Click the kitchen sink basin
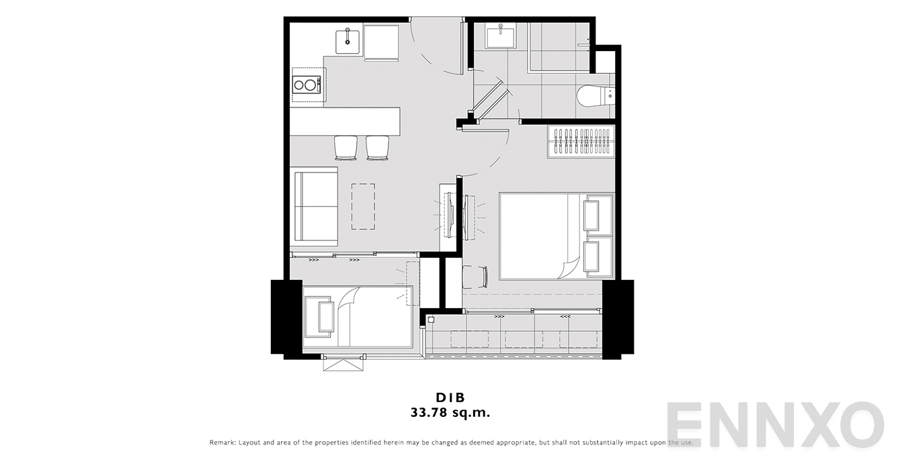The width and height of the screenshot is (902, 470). tap(347, 40)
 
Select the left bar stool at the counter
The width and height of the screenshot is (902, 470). tap(345, 148)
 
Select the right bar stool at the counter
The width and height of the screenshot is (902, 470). tap(377, 148)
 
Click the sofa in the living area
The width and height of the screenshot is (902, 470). tap(316, 206)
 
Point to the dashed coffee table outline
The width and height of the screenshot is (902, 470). tap(363, 206)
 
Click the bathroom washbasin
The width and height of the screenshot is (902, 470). tap(501, 38)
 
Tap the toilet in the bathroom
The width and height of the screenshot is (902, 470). tap(596, 96)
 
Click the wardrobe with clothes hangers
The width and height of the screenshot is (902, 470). tap(581, 142)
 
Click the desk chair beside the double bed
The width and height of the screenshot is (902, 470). tap(475, 277)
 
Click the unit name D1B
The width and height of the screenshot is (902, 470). tap(450, 397)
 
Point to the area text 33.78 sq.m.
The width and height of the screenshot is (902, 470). tap(450, 413)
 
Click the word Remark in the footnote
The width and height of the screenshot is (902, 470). tap(222, 442)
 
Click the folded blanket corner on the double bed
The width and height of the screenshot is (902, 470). tap(569, 267)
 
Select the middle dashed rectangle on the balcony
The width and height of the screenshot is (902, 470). tap(524, 340)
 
